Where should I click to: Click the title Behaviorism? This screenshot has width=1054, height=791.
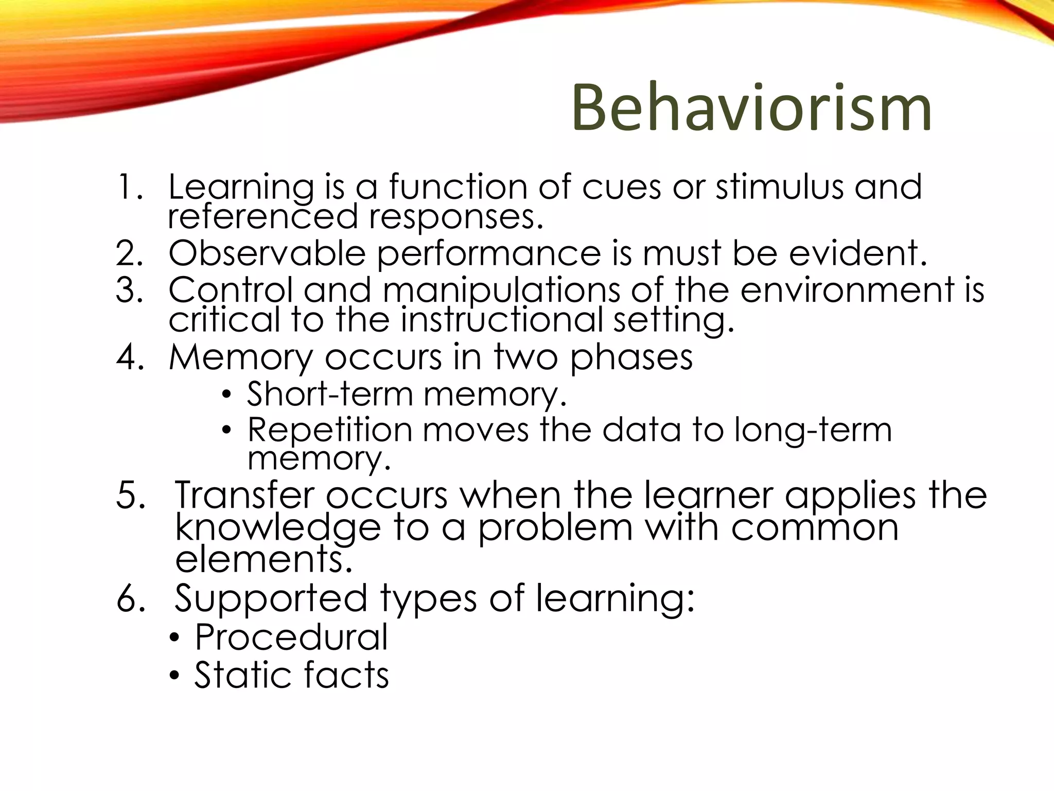[751, 109]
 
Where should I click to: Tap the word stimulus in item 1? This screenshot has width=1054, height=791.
[779, 186]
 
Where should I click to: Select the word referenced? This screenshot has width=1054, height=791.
[262, 216]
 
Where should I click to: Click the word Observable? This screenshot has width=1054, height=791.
[267, 253]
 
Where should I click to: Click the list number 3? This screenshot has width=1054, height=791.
[129, 290]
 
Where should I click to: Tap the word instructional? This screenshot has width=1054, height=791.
[501, 320]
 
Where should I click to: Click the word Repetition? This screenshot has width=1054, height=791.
[330, 430]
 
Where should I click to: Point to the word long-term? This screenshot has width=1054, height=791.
[813, 431]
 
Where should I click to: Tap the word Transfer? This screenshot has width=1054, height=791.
[244, 495]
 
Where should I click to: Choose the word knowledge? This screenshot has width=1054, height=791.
[278, 528]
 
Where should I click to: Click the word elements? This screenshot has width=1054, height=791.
[263, 559]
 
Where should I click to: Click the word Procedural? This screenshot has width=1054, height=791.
[291, 638]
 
